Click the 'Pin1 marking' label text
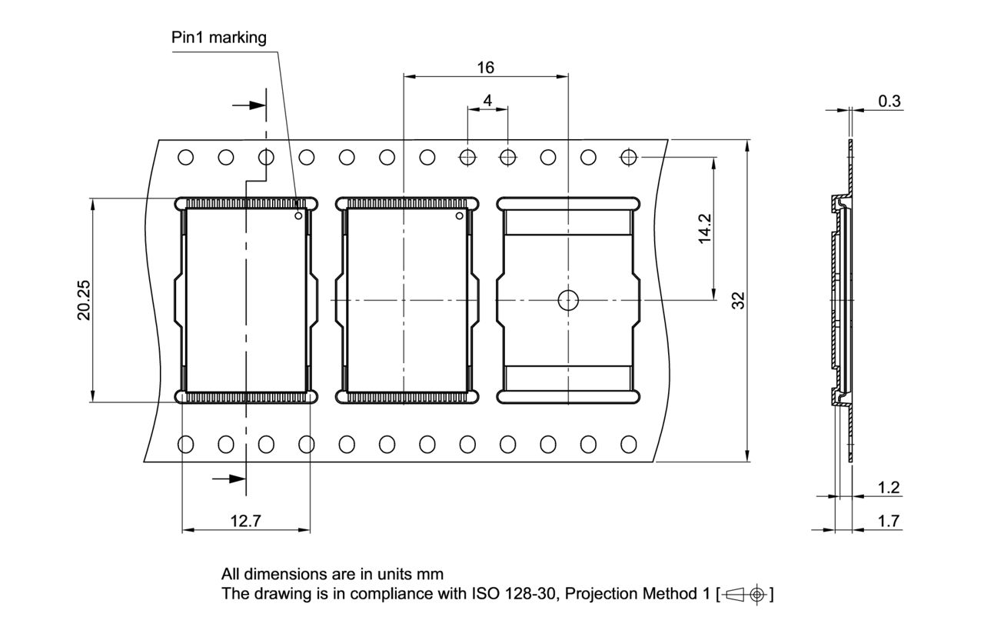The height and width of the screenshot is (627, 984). point(219,38)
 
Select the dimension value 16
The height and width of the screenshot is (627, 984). point(485,67)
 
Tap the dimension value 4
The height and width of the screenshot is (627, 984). point(487,101)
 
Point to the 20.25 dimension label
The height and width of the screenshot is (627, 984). point(83,299)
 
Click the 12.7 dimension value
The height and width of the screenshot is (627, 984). point(245,521)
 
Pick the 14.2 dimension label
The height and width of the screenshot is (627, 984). point(704,228)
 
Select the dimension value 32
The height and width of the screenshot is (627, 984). point(738,300)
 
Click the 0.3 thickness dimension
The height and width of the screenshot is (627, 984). point(889,101)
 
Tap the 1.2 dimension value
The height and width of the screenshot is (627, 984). point(889,487)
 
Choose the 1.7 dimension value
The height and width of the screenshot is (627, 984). point(889,521)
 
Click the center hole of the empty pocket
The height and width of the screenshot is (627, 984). point(568,300)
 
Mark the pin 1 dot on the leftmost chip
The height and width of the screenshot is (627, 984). point(298,216)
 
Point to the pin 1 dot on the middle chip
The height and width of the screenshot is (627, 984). point(460,216)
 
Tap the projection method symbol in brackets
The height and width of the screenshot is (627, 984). point(746,594)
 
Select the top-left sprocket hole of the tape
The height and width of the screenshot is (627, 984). point(185,158)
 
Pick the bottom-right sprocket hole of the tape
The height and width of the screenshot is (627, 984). point(629,444)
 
